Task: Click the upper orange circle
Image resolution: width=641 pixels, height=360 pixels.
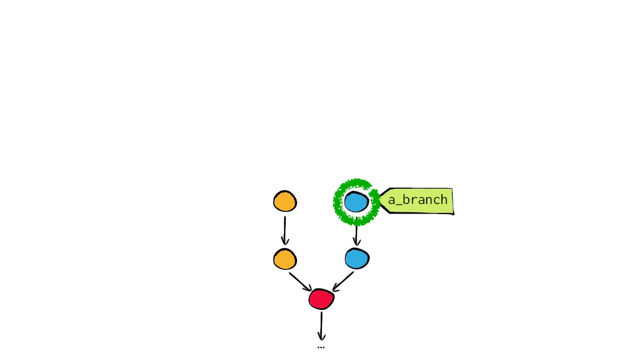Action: click(285, 201)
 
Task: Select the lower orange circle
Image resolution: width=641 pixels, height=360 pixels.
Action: click(285, 259)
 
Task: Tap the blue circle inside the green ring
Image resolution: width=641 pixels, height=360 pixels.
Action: click(356, 202)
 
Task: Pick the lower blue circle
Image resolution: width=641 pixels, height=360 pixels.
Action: click(357, 258)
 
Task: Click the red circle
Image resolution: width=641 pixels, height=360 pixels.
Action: click(321, 299)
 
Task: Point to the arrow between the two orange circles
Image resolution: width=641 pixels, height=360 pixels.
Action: click(285, 230)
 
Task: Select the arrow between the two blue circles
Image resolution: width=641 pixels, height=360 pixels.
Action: click(356, 235)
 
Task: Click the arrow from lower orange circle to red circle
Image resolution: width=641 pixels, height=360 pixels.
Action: click(300, 282)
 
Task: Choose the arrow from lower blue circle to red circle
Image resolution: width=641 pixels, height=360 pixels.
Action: click(343, 282)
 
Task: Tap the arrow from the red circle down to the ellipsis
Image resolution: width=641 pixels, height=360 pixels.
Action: click(321, 326)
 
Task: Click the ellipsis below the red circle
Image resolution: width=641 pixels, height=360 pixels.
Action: click(321, 348)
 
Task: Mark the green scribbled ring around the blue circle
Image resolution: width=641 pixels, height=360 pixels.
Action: click(335, 202)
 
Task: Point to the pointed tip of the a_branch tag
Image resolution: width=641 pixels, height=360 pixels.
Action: click(380, 199)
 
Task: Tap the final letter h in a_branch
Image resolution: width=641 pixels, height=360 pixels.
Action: click(444, 199)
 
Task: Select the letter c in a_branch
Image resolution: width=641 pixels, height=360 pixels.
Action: click(436, 200)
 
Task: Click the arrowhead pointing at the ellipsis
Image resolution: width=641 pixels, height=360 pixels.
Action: click(321, 337)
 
